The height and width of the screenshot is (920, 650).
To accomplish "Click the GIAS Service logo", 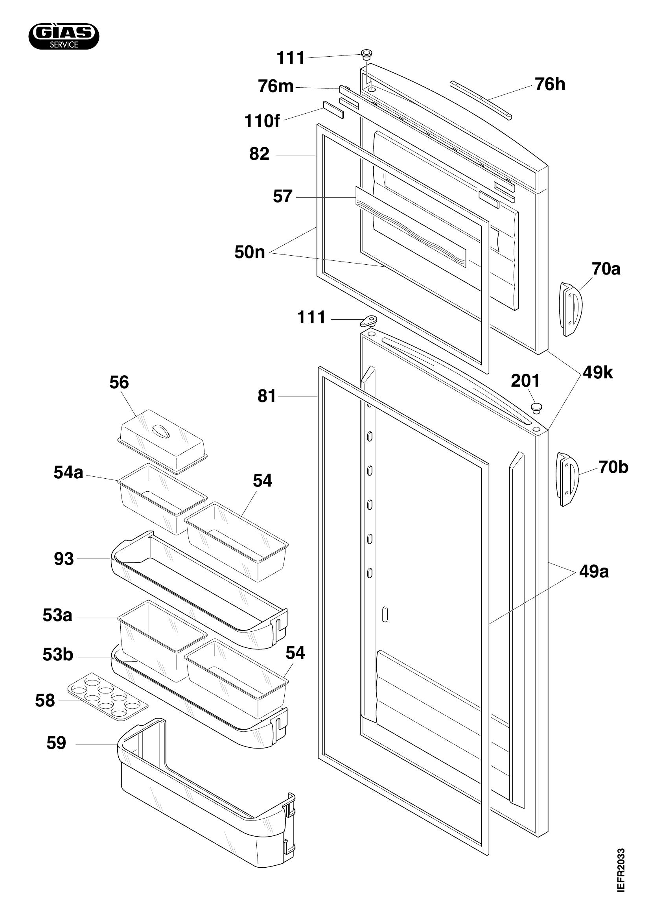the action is click(64, 37).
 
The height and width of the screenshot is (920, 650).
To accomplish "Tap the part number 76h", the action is click(550, 85).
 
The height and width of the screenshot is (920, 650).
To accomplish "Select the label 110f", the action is click(262, 122).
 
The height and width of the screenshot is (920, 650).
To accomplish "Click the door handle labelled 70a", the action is click(571, 309).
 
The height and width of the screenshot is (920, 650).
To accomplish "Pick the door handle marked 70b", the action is click(567, 479).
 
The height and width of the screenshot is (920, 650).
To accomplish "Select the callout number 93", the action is click(64, 559).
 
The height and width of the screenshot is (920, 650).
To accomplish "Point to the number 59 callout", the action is click(56, 743).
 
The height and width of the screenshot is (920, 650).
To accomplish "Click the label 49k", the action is click(598, 373).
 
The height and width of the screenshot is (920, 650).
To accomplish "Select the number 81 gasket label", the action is click(267, 397).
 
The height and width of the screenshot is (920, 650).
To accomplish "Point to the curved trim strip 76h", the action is click(481, 100).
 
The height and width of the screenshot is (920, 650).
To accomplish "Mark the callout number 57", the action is click(283, 197).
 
